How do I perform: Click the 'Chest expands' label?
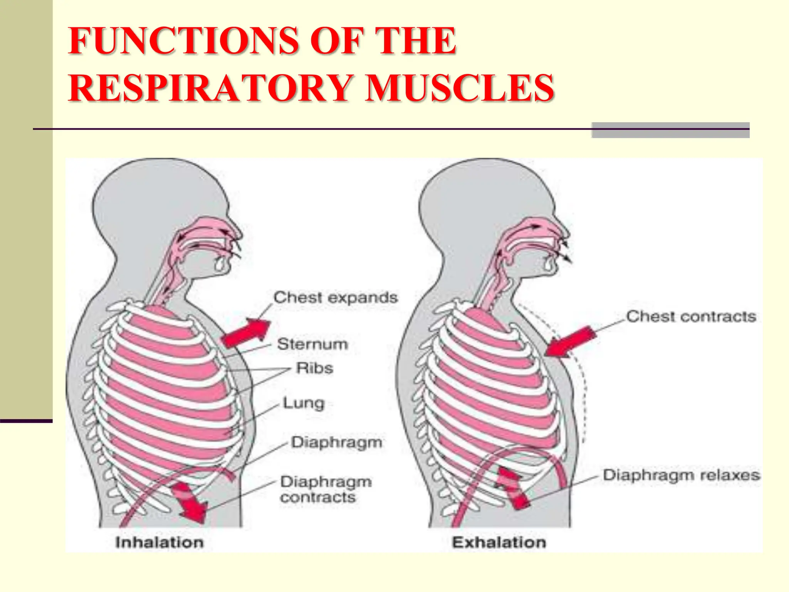[335, 298]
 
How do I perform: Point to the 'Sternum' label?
[312, 344]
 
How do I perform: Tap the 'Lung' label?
[304, 403]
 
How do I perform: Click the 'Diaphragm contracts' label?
[326, 489]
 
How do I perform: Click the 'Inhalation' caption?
[159, 542]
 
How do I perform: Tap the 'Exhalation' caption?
[499, 542]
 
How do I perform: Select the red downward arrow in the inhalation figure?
[189, 501]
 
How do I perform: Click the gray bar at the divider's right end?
[670, 130]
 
